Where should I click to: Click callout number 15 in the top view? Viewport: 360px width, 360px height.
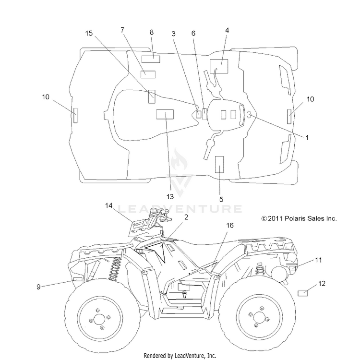point(89,33)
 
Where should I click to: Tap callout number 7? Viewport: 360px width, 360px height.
point(122,30)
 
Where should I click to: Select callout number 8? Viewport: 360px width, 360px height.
point(152,32)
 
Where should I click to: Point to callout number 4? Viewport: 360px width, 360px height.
point(227,30)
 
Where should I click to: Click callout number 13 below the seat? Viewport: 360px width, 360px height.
point(170,196)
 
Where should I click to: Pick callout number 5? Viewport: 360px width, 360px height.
point(221,199)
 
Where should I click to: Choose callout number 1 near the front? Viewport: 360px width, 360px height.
point(307,138)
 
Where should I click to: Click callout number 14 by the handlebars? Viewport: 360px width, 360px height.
point(109,205)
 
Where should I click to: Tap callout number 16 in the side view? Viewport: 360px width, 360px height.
point(230,226)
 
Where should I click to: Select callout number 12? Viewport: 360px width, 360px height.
point(322,284)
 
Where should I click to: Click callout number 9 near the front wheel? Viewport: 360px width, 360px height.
point(38,287)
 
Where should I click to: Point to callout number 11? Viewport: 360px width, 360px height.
point(318,260)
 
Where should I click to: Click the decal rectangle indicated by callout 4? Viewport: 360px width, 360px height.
point(219,66)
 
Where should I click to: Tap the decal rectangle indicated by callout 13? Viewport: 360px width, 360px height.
point(165,114)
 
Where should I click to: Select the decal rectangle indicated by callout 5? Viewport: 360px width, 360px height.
point(219,164)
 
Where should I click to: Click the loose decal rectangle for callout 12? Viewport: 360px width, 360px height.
point(302,293)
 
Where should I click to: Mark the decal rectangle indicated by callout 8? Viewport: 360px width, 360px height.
point(151,59)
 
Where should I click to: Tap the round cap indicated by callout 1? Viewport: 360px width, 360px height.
point(249,115)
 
